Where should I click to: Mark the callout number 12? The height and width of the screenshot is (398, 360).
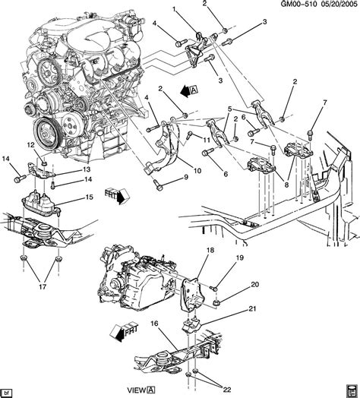click(x=32, y=145)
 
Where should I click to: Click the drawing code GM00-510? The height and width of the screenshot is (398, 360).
click(x=286, y=6)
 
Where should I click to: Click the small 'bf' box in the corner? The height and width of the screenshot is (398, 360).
click(x=8, y=392)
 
